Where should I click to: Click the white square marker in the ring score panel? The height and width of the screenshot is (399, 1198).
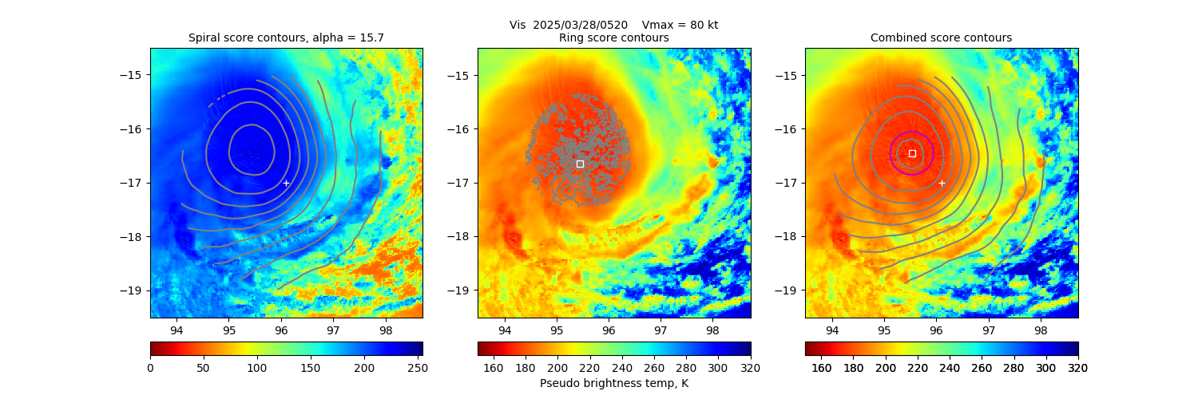click(580, 164)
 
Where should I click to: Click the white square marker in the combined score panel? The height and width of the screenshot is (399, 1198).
click(912, 153)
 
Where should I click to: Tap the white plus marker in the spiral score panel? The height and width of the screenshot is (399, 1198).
click(286, 183)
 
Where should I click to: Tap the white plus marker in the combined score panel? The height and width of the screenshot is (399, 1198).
click(942, 183)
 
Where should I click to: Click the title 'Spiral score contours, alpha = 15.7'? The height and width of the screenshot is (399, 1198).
click(286, 38)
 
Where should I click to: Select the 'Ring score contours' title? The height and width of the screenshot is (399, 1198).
click(614, 38)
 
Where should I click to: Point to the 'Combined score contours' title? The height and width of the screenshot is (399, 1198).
click(941, 38)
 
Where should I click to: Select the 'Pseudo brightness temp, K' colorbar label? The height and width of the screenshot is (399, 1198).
click(614, 383)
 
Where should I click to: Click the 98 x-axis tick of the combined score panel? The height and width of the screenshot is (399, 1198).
click(1041, 330)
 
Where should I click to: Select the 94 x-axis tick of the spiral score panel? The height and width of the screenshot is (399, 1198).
click(177, 330)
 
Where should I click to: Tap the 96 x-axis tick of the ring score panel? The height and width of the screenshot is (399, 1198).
click(609, 330)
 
